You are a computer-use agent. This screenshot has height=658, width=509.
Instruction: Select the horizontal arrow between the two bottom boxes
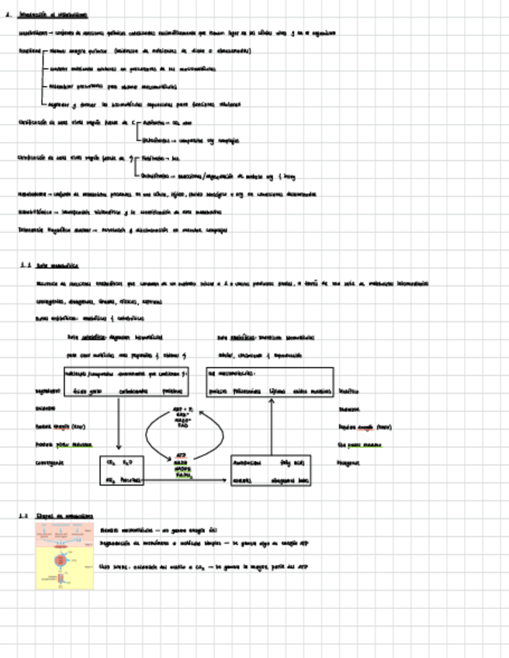pos(186,481)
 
